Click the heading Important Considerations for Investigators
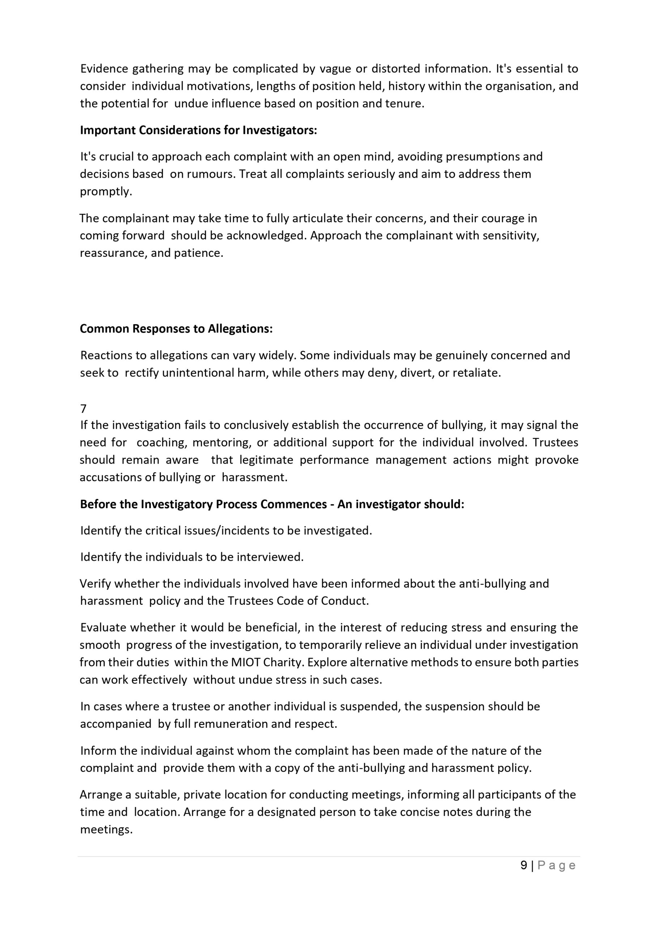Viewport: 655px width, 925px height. (199, 130)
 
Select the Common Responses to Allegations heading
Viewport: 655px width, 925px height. (176, 329)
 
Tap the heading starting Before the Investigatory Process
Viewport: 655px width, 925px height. (272, 504)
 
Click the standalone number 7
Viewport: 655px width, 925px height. (84, 409)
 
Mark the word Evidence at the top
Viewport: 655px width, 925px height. (104, 69)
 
